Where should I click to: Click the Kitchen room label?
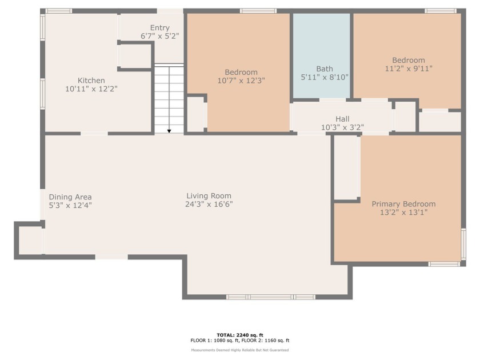(x=91, y=81)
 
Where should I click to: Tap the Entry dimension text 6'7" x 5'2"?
(x=160, y=36)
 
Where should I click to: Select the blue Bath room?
(x=321, y=56)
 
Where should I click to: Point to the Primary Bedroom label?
(x=403, y=204)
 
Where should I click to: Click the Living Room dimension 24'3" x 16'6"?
(x=209, y=204)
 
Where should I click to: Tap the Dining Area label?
(x=70, y=197)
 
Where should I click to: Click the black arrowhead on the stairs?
(x=169, y=131)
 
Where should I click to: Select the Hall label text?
(x=342, y=119)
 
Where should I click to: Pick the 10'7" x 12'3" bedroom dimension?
(x=241, y=81)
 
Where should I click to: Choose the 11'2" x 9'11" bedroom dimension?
(x=409, y=69)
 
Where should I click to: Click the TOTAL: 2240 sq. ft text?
(x=240, y=335)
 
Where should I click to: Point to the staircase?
(x=169, y=98)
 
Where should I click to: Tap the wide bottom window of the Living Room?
(x=271, y=297)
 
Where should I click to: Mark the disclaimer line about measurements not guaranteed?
(x=240, y=350)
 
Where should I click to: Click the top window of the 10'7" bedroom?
(x=258, y=11)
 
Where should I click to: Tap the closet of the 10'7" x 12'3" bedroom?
(x=196, y=114)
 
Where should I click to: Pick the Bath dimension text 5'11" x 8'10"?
(x=325, y=77)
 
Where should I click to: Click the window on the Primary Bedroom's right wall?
(x=463, y=245)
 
